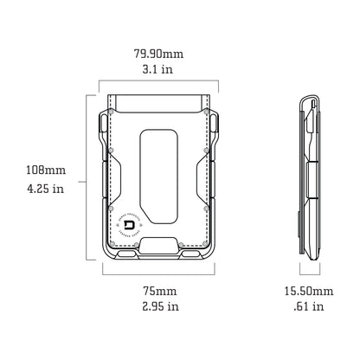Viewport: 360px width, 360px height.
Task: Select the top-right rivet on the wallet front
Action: point(206,111)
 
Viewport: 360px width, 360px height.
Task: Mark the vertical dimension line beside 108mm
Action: point(85,178)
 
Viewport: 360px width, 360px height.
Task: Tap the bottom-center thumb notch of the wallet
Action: point(160,245)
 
